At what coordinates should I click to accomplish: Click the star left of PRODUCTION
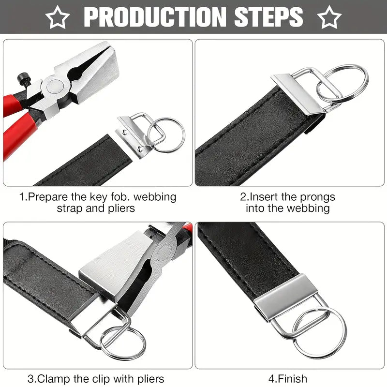point(58,17)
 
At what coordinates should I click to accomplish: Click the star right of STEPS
point(329,17)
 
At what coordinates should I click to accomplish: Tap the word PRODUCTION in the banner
point(155,17)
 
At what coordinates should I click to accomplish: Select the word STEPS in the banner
point(268,17)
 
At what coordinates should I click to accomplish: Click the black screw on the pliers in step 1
point(23,78)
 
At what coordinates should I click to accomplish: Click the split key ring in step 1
point(166,135)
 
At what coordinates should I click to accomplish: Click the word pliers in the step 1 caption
point(121,208)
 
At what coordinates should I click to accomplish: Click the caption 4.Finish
point(288,379)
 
